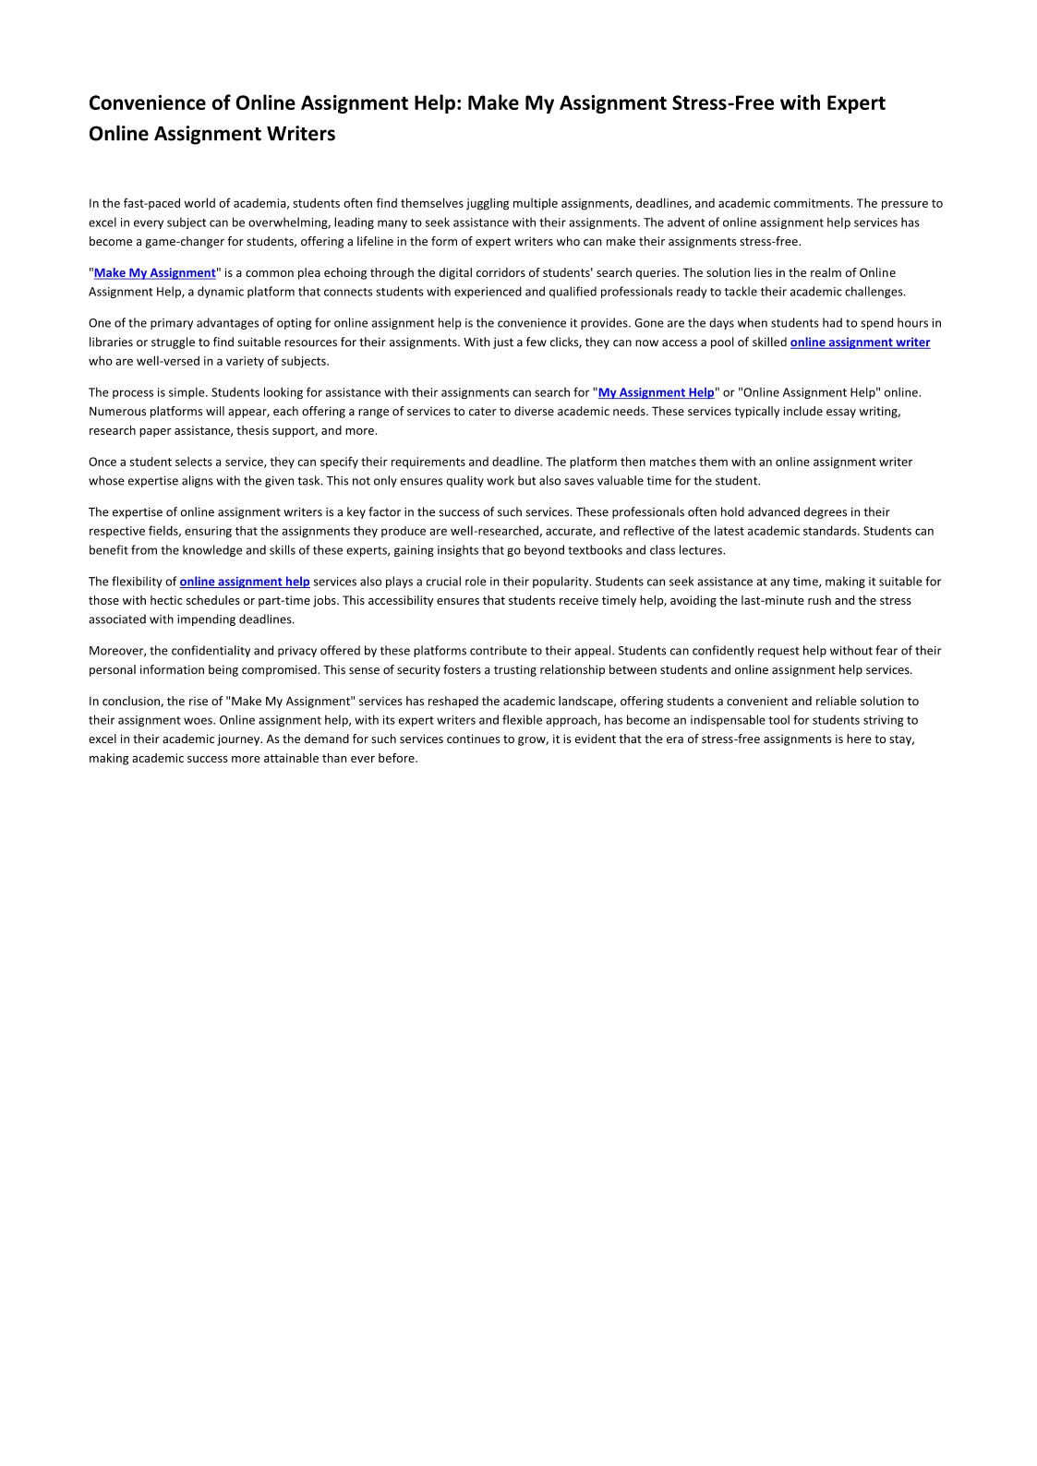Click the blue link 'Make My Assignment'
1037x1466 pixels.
coord(154,273)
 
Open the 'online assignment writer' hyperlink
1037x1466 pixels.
coord(860,342)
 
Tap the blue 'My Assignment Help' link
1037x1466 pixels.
coord(656,392)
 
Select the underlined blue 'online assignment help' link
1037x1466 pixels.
coord(245,582)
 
